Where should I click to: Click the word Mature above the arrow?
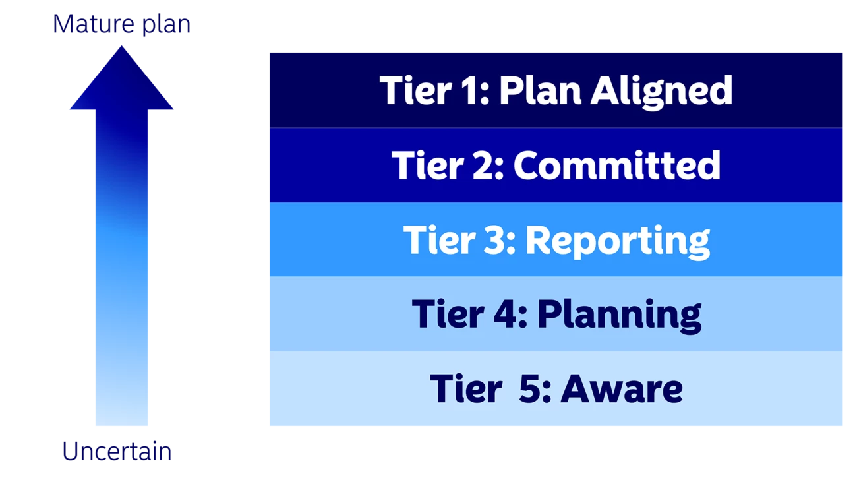[94, 24]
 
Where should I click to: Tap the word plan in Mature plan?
[166, 25]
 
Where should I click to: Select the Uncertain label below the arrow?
[117, 451]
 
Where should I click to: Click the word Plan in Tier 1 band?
[540, 90]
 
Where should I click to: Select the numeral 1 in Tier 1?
[470, 90]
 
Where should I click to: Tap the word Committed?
[617, 165]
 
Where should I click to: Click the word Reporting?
[618, 242]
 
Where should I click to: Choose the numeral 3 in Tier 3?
[495, 239]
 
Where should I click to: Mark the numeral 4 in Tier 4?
[505, 314]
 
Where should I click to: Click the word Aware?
[621, 388]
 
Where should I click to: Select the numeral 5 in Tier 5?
[530, 388]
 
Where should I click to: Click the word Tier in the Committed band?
[428, 165]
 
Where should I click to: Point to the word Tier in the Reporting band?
[439, 239]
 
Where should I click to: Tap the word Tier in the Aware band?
[466, 388]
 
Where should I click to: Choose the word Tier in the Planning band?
[448, 314]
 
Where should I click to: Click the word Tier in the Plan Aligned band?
[415, 90]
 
